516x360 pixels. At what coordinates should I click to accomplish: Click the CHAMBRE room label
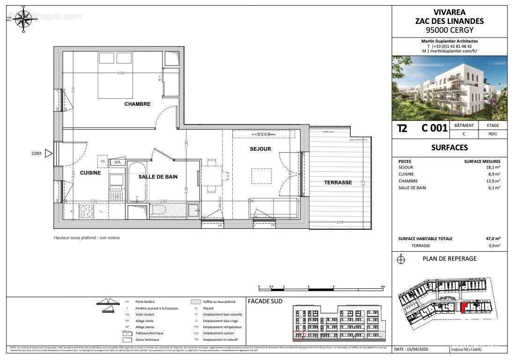click(137, 104)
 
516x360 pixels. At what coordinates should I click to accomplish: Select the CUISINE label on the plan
click(90, 173)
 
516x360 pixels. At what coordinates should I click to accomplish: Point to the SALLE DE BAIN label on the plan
click(158, 176)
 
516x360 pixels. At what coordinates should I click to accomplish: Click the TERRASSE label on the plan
click(338, 183)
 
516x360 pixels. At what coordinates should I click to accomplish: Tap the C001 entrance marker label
click(37, 153)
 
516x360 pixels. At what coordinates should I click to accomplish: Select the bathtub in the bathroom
click(136, 183)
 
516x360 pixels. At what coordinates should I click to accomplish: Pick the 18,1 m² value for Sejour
click(493, 167)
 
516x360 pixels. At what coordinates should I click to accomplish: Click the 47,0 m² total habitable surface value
click(493, 238)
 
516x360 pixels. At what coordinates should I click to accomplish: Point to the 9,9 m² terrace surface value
click(494, 245)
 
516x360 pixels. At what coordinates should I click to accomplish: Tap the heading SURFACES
click(449, 147)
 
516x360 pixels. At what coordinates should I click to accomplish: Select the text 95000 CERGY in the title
click(449, 29)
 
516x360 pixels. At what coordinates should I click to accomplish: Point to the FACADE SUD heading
click(265, 301)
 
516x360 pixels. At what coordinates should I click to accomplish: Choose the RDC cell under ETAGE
click(492, 133)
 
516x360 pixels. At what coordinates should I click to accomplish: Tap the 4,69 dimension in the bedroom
click(121, 73)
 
